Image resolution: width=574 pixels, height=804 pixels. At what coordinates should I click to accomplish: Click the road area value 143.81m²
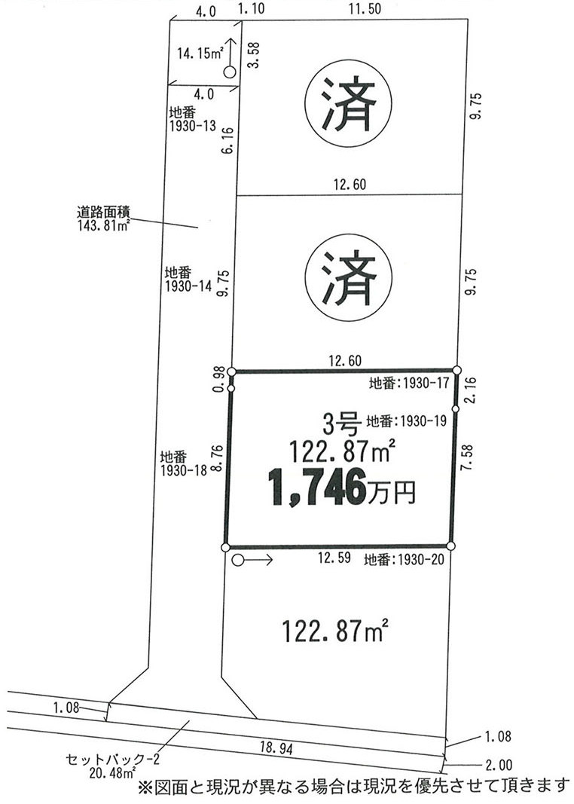103,225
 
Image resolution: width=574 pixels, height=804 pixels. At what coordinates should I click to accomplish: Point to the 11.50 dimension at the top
364,9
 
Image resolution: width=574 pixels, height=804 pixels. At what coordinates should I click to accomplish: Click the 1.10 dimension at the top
252,9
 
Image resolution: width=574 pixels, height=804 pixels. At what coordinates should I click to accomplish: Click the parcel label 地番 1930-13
191,119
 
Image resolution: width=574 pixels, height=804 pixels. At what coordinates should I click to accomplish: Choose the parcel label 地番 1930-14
188,280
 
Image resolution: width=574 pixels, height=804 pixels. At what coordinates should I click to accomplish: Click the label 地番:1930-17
409,383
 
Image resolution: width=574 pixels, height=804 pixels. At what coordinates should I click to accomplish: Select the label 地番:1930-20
404,560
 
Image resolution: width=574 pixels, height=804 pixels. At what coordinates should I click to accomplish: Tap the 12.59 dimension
334,558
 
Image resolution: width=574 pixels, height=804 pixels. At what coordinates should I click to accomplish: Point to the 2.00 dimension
498,766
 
